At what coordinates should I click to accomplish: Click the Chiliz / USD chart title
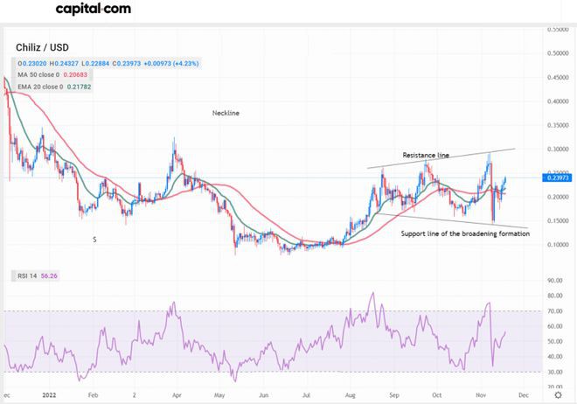tap(43, 48)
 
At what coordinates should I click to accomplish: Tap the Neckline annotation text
tap(226, 114)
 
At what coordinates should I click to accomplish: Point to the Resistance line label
tap(426, 155)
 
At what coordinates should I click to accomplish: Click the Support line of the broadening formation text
tap(465, 234)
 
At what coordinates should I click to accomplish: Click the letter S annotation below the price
tap(94, 239)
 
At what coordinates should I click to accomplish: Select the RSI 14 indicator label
tap(31, 275)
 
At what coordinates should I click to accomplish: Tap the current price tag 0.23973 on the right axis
tap(558, 178)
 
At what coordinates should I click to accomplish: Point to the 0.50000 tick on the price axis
tap(558, 53)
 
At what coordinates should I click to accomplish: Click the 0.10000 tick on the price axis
tap(558, 245)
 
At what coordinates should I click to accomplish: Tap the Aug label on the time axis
tap(351, 394)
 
